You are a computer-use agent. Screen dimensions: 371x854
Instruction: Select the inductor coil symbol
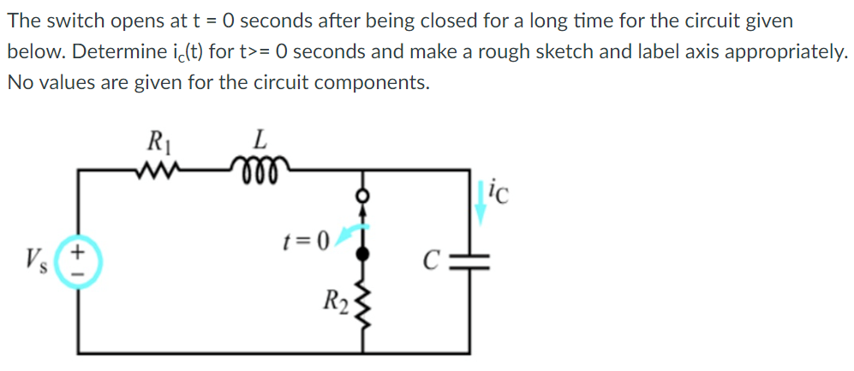point(260,166)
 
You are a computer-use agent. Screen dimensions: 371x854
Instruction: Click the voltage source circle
point(81,261)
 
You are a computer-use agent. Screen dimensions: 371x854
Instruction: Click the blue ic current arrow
point(481,203)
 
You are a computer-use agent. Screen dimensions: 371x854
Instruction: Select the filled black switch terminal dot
point(364,255)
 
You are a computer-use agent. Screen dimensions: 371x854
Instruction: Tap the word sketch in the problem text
point(573,51)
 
